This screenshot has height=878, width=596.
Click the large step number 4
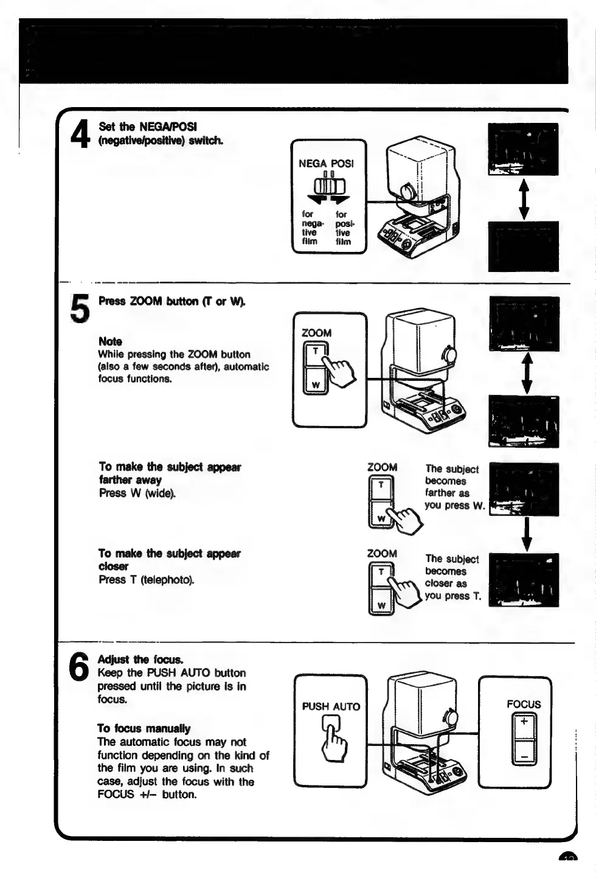point(80,134)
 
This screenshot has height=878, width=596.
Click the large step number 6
point(79,667)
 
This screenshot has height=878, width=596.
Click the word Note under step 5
point(110,341)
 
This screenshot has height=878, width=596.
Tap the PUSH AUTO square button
point(331,722)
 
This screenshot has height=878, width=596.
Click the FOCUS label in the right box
point(524,704)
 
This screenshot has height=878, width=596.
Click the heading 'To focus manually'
point(144,728)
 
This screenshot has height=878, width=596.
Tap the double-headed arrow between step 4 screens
point(524,198)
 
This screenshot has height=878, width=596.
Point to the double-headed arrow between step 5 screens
point(527,373)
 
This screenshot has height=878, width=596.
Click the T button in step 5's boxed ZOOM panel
point(316,352)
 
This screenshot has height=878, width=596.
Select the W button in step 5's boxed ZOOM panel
point(316,385)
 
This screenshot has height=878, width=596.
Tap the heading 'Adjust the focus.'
point(140,660)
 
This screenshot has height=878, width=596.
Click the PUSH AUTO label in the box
point(331,706)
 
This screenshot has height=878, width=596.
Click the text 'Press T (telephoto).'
point(147,579)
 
